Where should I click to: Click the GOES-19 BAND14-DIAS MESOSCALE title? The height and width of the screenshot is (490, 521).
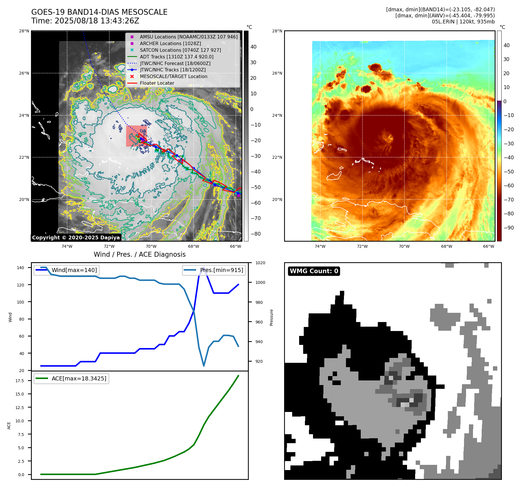(x=99, y=12)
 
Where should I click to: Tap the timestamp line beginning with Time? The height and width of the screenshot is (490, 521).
(x=85, y=21)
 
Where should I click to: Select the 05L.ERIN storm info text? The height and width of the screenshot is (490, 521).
(x=463, y=22)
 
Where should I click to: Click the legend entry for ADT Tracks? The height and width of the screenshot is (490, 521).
(x=176, y=57)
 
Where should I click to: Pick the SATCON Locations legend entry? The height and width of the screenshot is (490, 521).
(x=180, y=50)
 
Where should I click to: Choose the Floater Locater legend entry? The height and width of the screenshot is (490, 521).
(x=157, y=83)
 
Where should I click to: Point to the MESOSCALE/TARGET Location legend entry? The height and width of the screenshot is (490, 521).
(x=173, y=76)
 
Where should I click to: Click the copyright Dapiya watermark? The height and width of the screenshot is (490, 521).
(x=76, y=238)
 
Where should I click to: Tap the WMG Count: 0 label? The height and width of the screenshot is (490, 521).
(x=314, y=271)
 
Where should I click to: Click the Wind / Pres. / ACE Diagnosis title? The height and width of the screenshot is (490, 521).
(x=139, y=254)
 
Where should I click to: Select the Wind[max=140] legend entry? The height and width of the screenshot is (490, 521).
(x=74, y=270)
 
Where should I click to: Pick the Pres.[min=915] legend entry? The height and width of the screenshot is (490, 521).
(x=221, y=270)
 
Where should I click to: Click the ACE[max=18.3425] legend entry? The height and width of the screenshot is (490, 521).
(x=79, y=378)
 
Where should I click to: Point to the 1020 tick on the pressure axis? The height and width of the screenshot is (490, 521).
(x=260, y=263)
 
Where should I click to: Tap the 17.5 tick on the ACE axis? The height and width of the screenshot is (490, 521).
(x=20, y=381)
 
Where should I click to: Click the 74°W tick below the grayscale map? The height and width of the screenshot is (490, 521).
(x=67, y=246)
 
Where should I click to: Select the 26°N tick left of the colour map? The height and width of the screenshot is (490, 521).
(x=277, y=73)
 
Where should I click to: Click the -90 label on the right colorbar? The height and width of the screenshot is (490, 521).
(x=509, y=228)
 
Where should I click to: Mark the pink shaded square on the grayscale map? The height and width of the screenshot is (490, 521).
(x=136, y=136)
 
